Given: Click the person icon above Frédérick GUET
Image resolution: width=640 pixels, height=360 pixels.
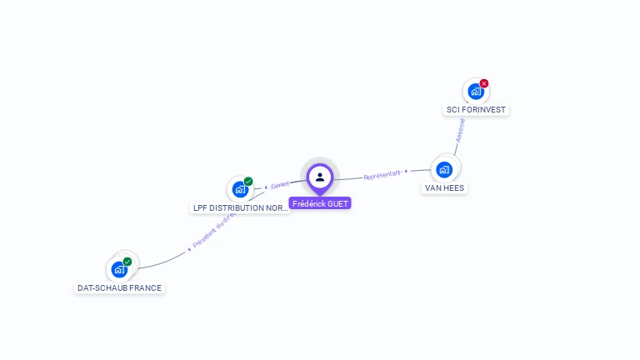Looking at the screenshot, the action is coord(320,177).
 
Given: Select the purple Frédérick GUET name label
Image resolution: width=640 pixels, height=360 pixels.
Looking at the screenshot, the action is coord(320,203).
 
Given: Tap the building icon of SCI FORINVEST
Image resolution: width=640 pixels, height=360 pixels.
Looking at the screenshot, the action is coord(475,92).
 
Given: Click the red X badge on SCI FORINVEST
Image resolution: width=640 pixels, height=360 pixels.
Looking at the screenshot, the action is coord(484,83).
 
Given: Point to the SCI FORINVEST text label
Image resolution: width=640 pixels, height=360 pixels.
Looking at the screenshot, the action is coord(476,110).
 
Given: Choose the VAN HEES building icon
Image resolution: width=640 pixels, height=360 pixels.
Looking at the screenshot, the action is coord(444,169).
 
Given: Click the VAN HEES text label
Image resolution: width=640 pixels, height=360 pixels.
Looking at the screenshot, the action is coord(444,188).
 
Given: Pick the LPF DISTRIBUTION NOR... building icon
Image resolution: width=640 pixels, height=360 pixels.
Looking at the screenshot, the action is coord(241,189).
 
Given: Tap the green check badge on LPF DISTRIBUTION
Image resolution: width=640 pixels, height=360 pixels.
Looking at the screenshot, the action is coord(248,181).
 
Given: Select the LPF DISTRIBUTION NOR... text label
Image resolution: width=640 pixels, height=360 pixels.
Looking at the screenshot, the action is coord(241,208).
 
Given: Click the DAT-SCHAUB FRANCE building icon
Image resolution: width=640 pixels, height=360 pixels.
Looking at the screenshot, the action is coord(119,269).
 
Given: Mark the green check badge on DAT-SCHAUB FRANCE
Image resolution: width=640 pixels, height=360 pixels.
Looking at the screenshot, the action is coord(127,262).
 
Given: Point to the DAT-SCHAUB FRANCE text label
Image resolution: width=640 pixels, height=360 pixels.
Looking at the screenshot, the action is coord(120,288).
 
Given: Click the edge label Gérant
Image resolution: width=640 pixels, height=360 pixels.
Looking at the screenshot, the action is coord(280,185).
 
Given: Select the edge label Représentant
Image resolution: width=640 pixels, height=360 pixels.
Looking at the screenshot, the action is coord(382,176).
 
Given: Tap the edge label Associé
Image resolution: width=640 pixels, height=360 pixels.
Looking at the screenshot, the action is coord(460,129).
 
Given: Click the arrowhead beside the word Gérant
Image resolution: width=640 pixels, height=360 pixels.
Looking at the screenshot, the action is coord(266,187).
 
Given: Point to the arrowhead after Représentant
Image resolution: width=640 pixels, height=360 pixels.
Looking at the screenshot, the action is coord(407,172).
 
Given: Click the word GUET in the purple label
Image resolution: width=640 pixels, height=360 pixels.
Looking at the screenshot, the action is coord(338,203).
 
